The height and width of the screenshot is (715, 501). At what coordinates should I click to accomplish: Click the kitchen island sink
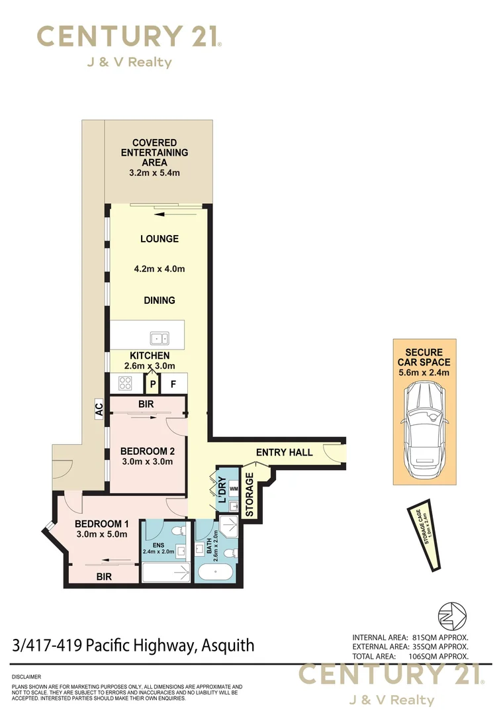point(159,339)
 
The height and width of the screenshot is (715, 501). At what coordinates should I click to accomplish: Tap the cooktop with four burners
point(125,382)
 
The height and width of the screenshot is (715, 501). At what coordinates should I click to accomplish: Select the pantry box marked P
point(153,383)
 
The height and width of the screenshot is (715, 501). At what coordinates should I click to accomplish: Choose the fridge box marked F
point(173,383)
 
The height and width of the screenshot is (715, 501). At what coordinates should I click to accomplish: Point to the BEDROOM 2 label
point(146,452)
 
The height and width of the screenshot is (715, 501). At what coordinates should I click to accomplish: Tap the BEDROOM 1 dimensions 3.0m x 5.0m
point(101,534)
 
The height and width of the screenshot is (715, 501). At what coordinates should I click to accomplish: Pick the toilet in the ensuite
point(178,534)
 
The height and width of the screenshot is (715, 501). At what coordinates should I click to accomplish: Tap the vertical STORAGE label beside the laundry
point(250,494)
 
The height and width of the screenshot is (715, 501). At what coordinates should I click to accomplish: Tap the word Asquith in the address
point(226,645)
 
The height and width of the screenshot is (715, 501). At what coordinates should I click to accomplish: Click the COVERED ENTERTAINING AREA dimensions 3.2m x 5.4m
point(154,173)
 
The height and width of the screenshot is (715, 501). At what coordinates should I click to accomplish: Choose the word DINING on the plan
point(159,301)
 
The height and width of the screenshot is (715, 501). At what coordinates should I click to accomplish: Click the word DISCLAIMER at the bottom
point(26,677)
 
